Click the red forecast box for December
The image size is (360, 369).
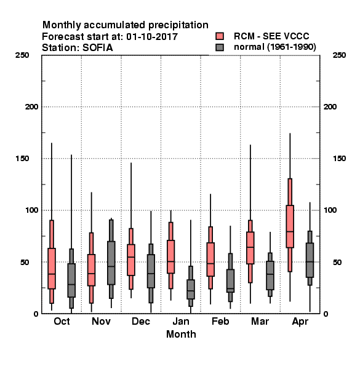point(131,260)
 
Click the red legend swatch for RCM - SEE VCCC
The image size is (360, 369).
point(220,36)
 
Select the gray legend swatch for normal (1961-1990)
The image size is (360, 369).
point(220,47)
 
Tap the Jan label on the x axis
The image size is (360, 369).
point(181,322)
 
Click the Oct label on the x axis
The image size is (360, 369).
point(62,322)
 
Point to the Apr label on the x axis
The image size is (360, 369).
point(300,322)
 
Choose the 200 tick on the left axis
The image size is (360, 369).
point(31,107)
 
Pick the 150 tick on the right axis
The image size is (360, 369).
point(339,159)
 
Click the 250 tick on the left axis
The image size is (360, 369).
point(22,55)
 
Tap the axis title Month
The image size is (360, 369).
point(181,334)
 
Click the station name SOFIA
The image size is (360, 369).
point(97,48)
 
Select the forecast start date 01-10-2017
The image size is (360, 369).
point(152,37)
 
